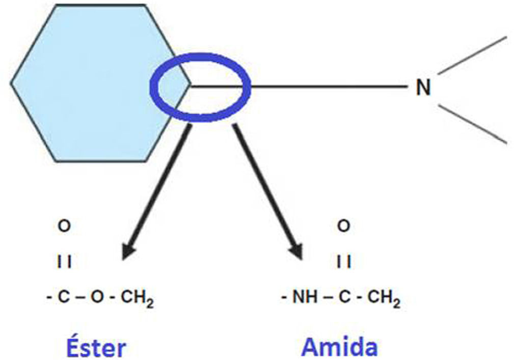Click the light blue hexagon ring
coord(87,81)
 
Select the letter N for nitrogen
coord(423,88)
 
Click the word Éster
coord(95,348)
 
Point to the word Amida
coord(340,347)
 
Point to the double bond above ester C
coord(64,263)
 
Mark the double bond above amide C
coord(344,263)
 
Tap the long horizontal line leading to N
coord(326,87)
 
